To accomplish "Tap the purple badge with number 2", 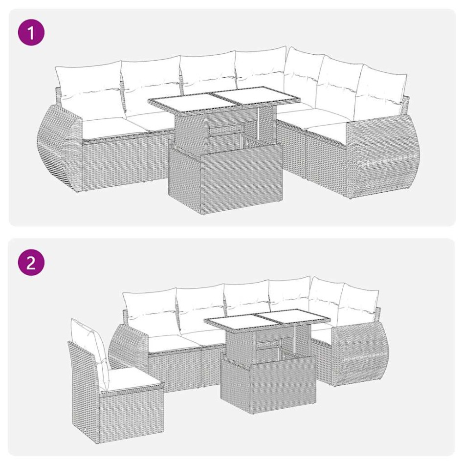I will (31, 263).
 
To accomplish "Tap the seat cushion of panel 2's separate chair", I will (130, 379).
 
